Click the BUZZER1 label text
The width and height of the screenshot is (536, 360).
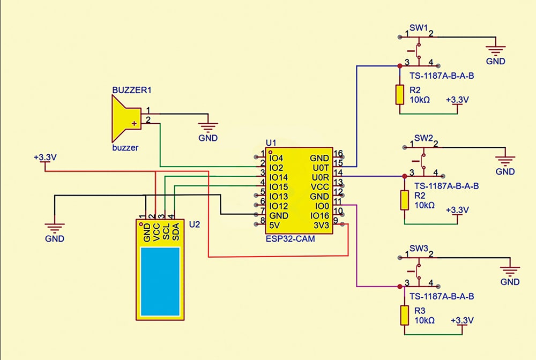pyautogui.click(x=131, y=90)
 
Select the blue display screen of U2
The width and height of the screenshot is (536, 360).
pyautogui.click(x=160, y=281)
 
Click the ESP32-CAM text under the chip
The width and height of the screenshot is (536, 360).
pyautogui.click(x=290, y=239)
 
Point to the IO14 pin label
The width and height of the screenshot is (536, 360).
pyautogui.click(x=279, y=177)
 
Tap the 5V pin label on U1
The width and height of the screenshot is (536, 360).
pyautogui.click(x=275, y=225)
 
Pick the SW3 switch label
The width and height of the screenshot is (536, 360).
pyautogui.click(x=418, y=249)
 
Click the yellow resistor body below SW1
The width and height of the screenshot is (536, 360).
pyautogui.click(x=399, y=94)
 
